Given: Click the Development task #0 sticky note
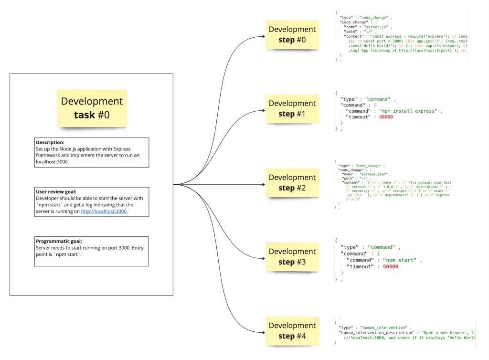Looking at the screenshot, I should click(x=92, y=108).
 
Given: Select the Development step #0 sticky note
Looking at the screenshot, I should click(x=292, y=34).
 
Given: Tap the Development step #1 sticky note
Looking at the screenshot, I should click(x=292, y=108).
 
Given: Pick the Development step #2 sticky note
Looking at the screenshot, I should click(x=292, y=182).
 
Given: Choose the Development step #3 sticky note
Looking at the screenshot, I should click(x=292, y=256).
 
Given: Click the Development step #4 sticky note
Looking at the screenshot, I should click(x=292, y=330).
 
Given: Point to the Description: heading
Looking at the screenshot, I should click(x=51, y=142).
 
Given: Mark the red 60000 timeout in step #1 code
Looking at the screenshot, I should click(x=390, y=117).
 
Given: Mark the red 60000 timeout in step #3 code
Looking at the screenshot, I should click(x=390, y=266).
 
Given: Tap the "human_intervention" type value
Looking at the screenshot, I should click(x=384, y=328).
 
